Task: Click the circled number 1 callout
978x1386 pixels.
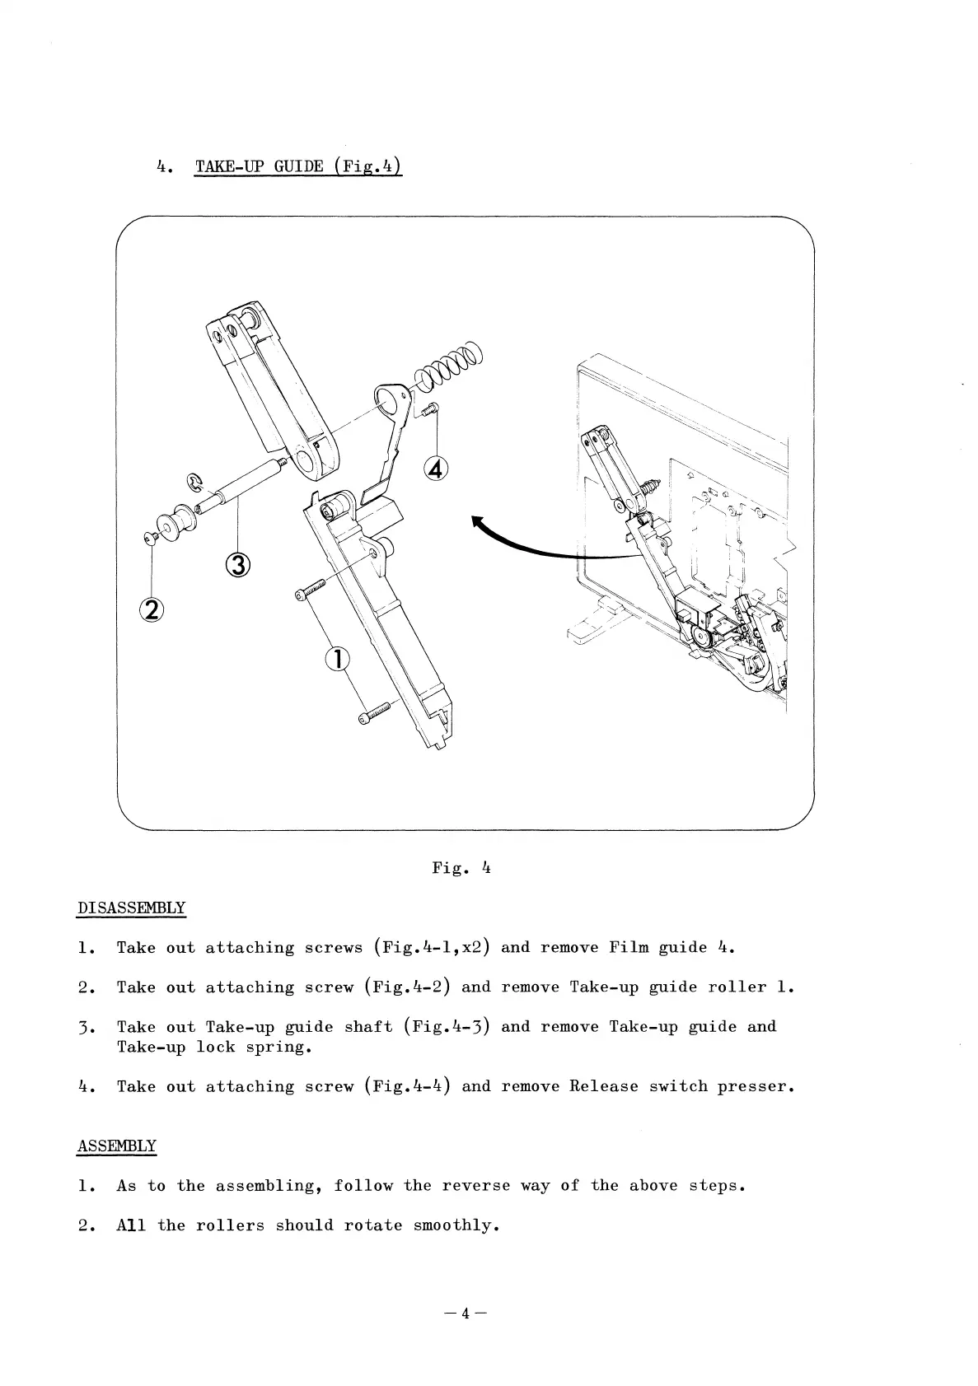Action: [337, 660]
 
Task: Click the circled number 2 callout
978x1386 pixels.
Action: [152, 609]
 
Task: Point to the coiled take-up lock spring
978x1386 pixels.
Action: [449, 365]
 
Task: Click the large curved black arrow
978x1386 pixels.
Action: [544, 546]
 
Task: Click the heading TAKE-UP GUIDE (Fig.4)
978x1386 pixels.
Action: [298, 166]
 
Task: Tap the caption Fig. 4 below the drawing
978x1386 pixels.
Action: [461, 867]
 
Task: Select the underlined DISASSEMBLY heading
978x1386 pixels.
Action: [131, 908]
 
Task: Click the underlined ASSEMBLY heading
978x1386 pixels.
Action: [116, 1146]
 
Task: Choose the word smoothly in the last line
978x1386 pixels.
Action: [456, 1225]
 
